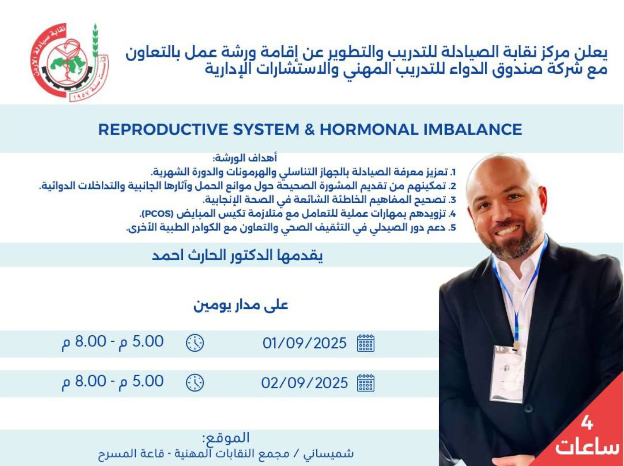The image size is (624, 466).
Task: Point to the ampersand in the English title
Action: (309, 129)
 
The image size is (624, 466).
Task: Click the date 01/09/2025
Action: (305, 343)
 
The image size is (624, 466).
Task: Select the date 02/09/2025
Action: (305, 383)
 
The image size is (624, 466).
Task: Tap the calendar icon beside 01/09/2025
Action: (366, 343)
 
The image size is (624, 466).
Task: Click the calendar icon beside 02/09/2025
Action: (366, 383)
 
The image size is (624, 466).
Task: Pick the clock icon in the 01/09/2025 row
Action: (195, 343)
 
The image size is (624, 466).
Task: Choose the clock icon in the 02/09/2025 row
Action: (195, 382)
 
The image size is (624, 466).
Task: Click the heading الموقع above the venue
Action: (226, 438)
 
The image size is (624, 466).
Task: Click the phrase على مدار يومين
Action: (241, 305)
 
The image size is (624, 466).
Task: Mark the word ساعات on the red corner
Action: (587, 447)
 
